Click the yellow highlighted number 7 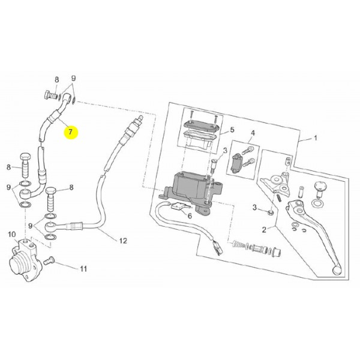click(x=71, y=132)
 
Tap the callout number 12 click(x=123, y=241)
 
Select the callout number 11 click(x=83, y=269)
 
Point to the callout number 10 click(x=12, y=235)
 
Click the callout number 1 click(x=316, y=138)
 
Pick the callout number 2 click(x=264, y=230)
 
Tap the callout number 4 click(x=253, y=133)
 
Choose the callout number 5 click(x=232, y=130)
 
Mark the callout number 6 click(x=190, y=216)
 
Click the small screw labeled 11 click(x=49, y=261)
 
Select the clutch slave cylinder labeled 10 click(x=23, y=260)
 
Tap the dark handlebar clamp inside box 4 click(x=237, y=164)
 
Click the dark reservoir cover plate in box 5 click(x=201, y=126)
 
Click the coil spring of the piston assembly click(x=237, y=244)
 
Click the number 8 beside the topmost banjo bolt click(x=56, y=80)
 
